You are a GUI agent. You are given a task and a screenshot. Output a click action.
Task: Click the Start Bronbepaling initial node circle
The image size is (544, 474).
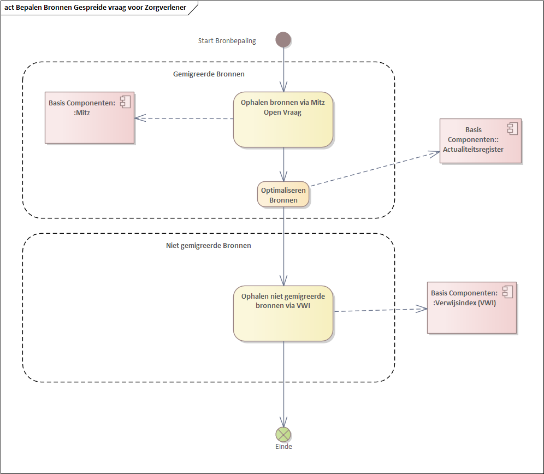click(283, 40)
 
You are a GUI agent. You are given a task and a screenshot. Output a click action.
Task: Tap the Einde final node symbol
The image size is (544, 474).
click(283, 434)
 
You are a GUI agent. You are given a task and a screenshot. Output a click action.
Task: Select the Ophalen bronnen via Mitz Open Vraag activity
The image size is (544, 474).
click(283, 119)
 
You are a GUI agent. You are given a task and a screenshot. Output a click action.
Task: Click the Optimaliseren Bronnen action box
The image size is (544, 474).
click(283, 195)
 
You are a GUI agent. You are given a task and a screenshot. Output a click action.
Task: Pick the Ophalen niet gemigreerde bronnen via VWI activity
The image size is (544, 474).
click(283, 313)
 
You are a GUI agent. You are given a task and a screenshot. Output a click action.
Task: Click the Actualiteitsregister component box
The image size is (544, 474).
click(480, 140)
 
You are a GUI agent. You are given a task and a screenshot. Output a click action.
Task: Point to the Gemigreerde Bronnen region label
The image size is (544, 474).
click(209, 74)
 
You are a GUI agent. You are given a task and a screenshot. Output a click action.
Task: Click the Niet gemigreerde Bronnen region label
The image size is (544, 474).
click(209, 246)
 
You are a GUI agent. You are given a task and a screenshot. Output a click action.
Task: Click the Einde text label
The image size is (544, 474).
click(283, 447)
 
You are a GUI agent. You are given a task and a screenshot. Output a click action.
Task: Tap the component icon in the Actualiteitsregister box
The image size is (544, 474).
click(512, 128)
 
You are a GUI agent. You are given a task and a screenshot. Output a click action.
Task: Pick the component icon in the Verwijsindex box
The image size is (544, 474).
click(507, 292)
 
